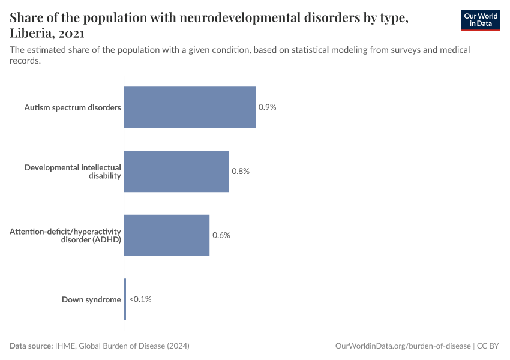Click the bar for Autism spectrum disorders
tap(190, 107)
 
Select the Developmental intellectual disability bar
tap(176, 171)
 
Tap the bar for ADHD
tap(167, 235)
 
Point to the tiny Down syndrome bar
tap(125, 299)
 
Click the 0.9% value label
tap(267, 107)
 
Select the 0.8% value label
tap(241, 171)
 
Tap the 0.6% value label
tap(221, 235)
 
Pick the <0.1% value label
tap(140, 299)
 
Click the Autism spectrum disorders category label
tap(73, 108)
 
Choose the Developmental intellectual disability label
tap(73, 172)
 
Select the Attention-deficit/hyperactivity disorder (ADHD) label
tap(65, 236)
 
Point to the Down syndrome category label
tap(91, 299)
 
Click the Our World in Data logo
tap(481, 20)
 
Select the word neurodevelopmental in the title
tap(233, 18)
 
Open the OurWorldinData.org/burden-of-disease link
tap(401, 346)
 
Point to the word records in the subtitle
tap(25, 60)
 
